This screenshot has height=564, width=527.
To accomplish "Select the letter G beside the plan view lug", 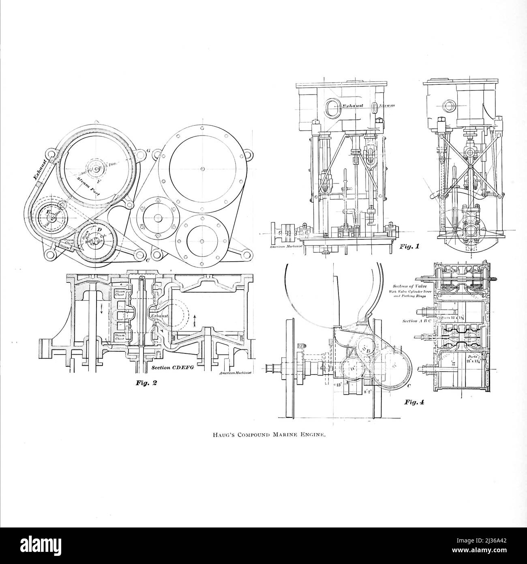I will pyautogui.click(x=148, y=151).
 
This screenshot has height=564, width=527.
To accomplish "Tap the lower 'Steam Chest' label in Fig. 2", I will pyautogui.click(x=120, y=337).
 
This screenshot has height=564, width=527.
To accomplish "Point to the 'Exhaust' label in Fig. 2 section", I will pyautogui.click(x=159, y=315).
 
